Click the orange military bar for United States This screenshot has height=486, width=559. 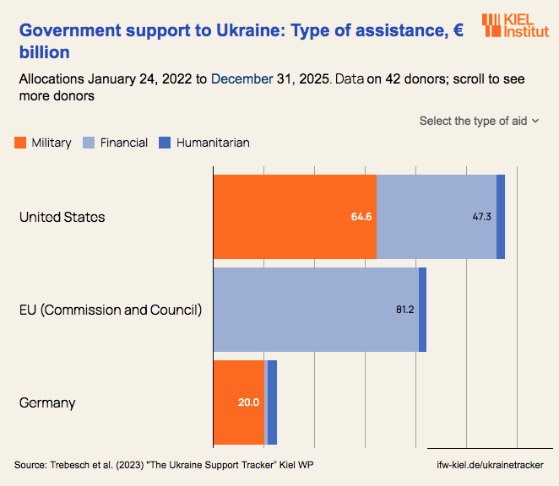coord(294,217)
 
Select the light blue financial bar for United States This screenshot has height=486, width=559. coord(436,217)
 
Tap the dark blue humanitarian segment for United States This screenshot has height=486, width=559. coord(501,217)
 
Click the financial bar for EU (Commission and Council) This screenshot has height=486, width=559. coord(316,310)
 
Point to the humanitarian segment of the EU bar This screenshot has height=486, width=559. coord(422,310)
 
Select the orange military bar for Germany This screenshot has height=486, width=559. coord(239,402)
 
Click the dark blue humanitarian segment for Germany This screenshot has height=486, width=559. coord(272,402)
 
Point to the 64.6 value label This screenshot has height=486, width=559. coord(361,217)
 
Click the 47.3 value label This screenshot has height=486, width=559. coord(482,217)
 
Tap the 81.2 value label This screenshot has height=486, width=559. coord(404,310)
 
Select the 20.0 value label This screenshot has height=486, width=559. coord(248,402)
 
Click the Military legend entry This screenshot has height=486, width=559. coord(43,143)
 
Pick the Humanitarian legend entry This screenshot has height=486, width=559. coord(204,143)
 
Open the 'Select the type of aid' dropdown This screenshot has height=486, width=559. coord(479,121)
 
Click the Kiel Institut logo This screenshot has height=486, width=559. coord(514,25)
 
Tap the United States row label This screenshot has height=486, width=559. coord(62,217)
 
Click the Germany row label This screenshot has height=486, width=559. coord(47,402)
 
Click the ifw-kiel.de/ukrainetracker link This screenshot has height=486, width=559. coord(490,465)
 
